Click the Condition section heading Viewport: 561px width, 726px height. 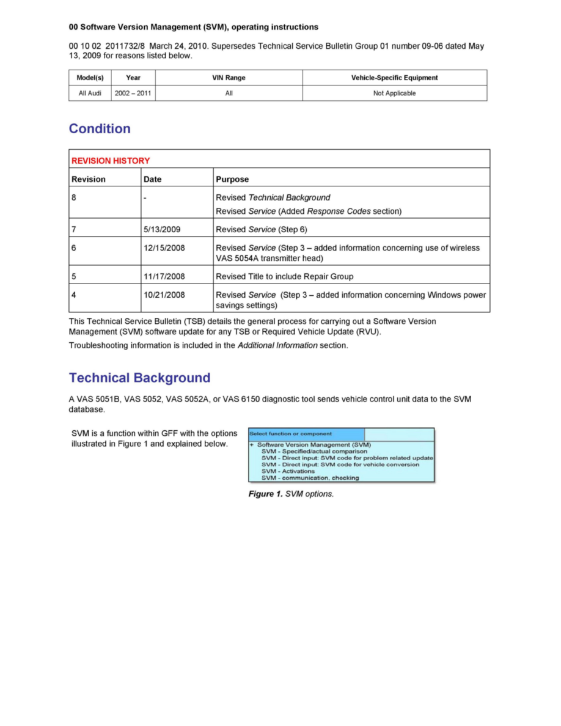coord(100,129)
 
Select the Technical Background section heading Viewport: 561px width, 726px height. coord(139,378)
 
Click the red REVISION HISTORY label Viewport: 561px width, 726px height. coord(111,161)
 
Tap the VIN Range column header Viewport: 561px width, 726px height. coord(229,78)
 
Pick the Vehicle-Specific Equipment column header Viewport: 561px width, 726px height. coord(394,78)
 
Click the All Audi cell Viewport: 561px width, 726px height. coord(90,94)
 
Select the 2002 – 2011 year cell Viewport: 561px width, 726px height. coord(133,94)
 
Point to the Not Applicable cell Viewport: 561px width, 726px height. coord(394,94)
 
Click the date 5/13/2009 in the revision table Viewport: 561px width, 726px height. coord(162,229)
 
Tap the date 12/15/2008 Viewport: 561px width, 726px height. coord(164,248)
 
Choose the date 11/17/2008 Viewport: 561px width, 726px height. coord(164,276)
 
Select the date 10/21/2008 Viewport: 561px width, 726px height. coord(164,295)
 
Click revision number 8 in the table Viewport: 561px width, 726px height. coord(74,198)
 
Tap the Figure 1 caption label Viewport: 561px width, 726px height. coord(265,494)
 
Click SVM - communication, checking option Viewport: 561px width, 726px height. coord(310,478)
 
